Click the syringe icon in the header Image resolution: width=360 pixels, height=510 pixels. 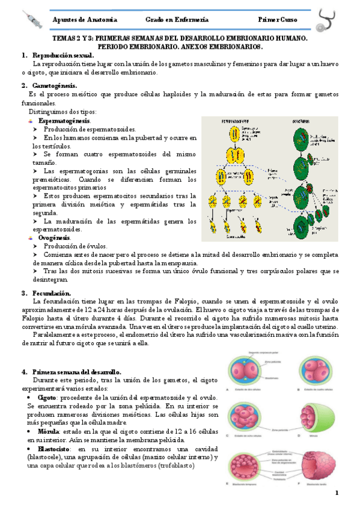click(x=28, y=19)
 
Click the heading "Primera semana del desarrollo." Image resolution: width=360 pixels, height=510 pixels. click(x=77, y=372)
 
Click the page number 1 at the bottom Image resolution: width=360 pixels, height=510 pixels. click(x=337, y=493)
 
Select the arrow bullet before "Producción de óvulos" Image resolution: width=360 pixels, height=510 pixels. click(x=35, y=247)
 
